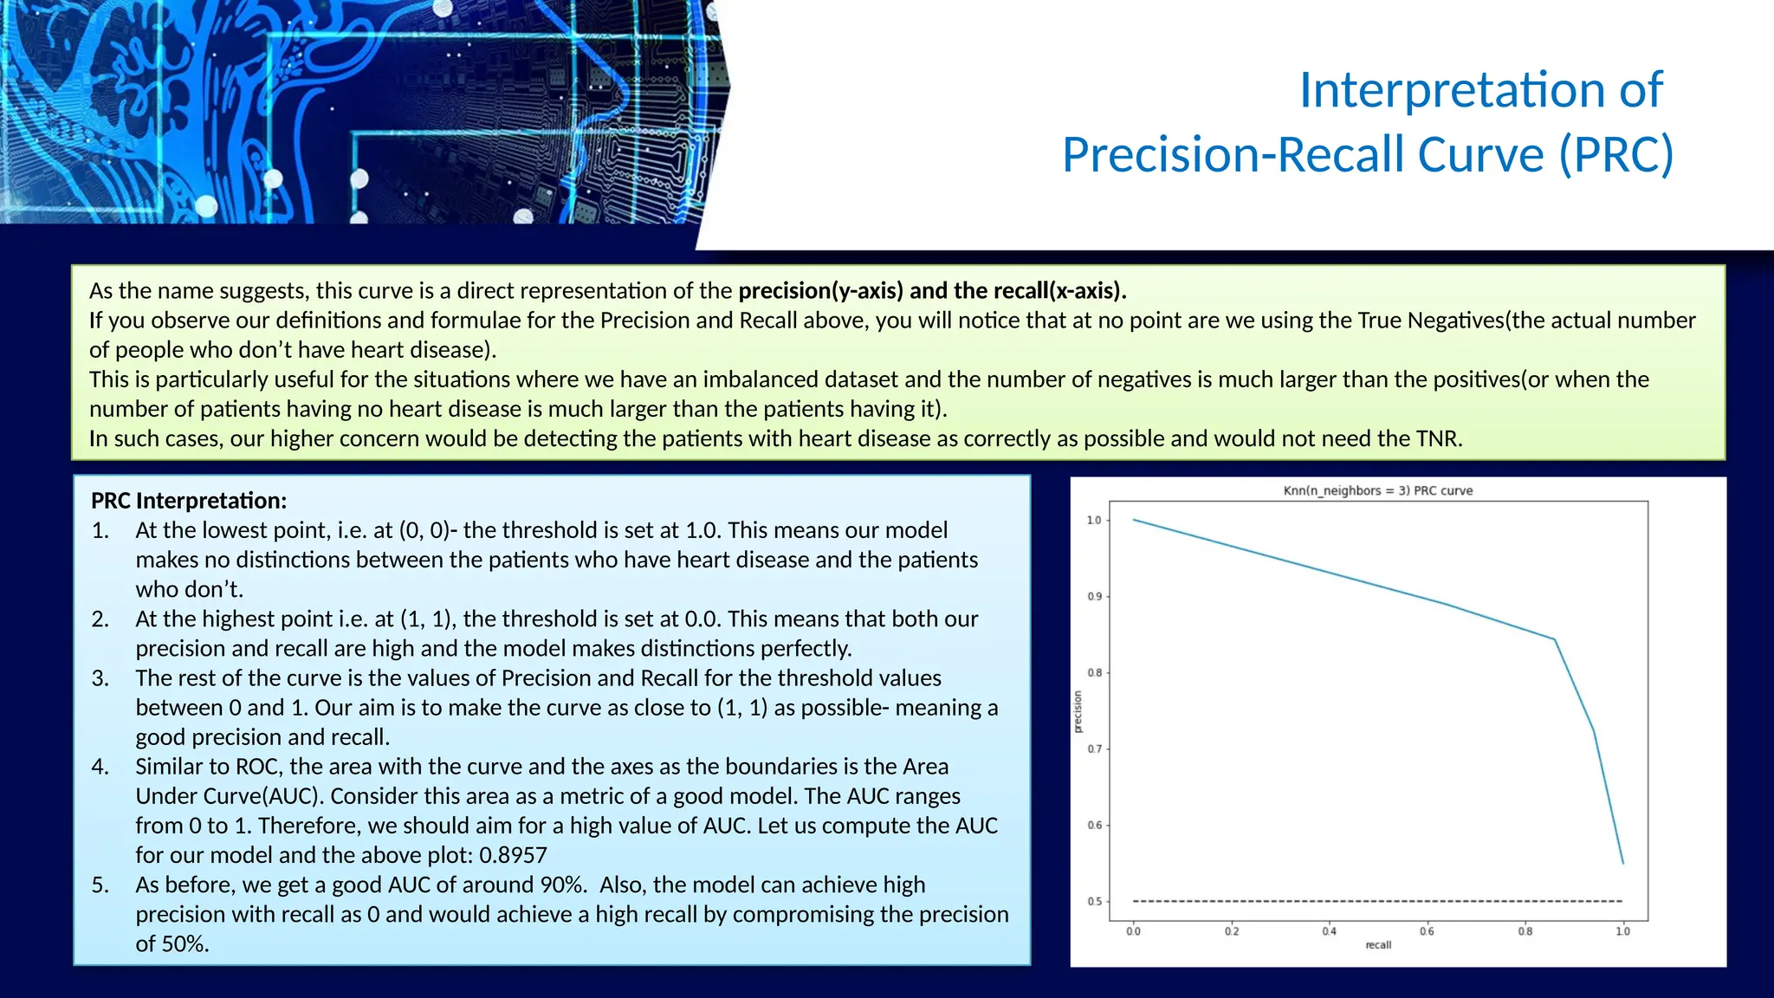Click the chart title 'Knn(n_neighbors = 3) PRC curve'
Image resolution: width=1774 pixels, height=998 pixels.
point(1377,490)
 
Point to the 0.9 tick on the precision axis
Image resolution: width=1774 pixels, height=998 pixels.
point(1095,597)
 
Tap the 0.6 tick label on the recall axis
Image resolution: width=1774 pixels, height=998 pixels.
point(1427,931)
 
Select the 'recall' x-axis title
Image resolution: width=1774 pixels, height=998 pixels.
point(1378,945)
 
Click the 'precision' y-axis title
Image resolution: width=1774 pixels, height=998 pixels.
point(1078,712)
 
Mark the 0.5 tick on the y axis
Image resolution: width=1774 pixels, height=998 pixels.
point(1095,902)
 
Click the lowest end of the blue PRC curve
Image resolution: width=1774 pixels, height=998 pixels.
point(1622,863)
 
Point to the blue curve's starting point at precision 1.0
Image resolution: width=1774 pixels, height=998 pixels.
point(1134,520)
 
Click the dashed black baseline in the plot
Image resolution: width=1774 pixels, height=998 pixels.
point(1377,901)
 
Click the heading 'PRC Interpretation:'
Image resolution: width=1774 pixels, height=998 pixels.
point(189,501)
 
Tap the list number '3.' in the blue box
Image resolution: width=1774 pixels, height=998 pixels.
point(100,678)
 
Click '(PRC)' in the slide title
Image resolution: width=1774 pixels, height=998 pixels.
point(1615,154)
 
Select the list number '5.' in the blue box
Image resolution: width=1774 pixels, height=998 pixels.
point(100,885)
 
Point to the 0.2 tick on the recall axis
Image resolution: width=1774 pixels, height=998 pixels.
point(1232,931)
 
